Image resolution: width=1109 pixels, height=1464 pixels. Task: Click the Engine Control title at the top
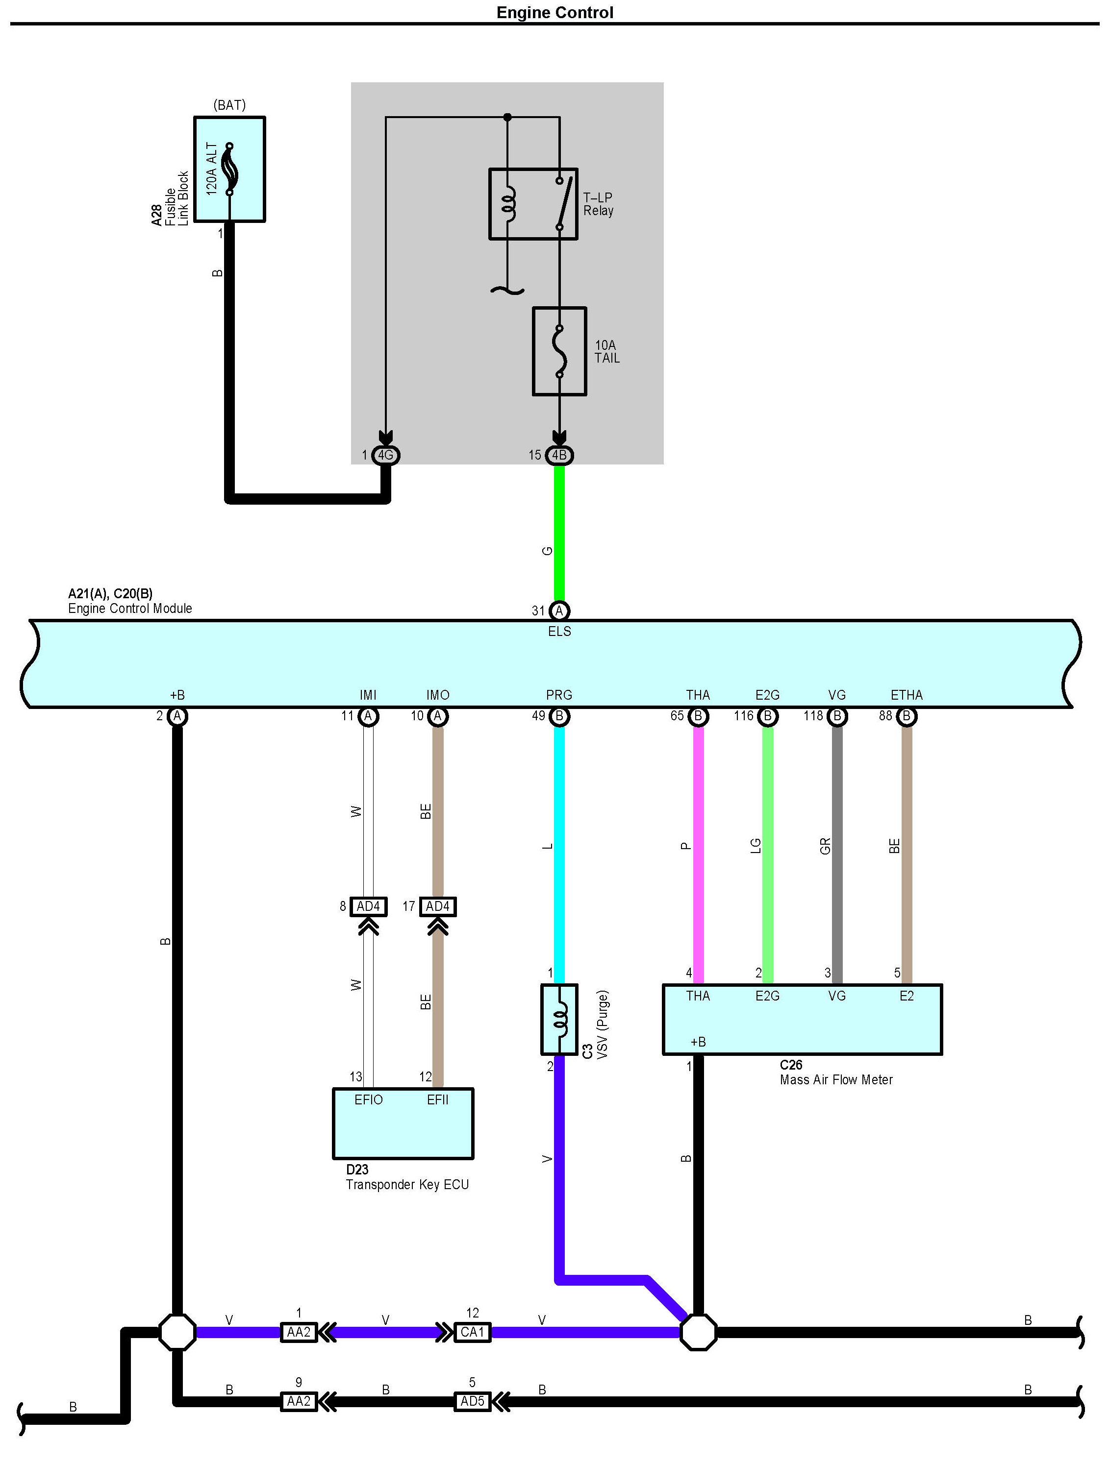pyautogui.click(x=555, y=13)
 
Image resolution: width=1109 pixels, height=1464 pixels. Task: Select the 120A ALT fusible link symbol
pyautogui.click(x=230, y=169)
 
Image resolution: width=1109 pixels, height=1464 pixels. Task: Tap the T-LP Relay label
pyautogui.click(x=598, y=204)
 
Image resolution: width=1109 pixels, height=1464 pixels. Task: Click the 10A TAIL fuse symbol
pyautogui.click(x=559, y=351)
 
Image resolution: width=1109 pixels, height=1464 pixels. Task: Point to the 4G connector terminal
pyautogui.click(x=385, y=455)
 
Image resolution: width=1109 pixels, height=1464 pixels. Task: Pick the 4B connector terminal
pyautogui.click(x=559, y=455)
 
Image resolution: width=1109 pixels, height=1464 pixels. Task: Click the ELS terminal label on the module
pyautogui.click(x=559, y=632)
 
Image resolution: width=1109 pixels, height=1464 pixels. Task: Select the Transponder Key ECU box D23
pyautogui.click(x=403, y=1123)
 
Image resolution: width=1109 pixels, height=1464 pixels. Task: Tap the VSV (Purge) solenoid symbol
pyautogui.click(x=559, y=1019)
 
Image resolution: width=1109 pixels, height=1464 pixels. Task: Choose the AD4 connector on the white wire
pyautogui.click(x=368, y=906)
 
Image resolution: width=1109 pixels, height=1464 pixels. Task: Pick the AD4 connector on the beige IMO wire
pyautogui.click(x=438, y=906)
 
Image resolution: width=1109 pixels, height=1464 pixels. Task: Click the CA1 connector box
pyautogui.click(x=472, y=1332)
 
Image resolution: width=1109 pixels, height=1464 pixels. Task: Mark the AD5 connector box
pyautogui.click(x=472, y=1401)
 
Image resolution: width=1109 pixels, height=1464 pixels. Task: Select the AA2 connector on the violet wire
pyautogui.click(x=299, y=1332)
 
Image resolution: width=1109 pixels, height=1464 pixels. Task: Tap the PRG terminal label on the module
pyautogui.click(x=559, y=695)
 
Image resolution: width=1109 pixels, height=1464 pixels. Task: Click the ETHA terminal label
pyautogui.click(x=907, y=695)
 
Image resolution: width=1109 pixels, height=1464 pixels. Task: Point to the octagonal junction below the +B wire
pyautogui.click(x=177, y=1332)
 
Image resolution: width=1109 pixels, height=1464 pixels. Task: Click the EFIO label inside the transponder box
pyautogui.click(x=368, y=1099)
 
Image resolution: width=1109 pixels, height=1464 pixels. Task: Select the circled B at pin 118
pyautogui.click(x=837, y=716)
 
